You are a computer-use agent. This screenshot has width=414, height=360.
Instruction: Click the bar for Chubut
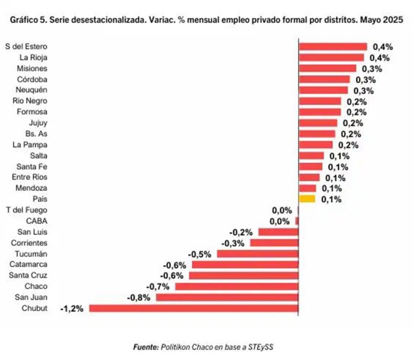pos(193,308)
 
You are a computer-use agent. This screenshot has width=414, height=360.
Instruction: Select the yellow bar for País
pos(307,199)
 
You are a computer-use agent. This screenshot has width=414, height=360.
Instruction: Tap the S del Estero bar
pos(333,46)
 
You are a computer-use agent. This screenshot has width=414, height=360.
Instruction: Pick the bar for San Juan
pos(227,297)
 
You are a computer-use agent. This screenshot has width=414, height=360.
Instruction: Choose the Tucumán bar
pos(257,254)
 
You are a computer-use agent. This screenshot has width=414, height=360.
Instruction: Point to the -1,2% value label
pos(72,309)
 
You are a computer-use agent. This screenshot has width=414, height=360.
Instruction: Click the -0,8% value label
pos(138,298)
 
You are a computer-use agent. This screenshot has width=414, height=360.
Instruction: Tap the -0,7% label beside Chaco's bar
pos(157,287)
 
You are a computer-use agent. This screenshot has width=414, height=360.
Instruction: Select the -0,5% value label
pos(199,254)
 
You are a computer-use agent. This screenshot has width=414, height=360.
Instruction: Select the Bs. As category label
pos(36,134)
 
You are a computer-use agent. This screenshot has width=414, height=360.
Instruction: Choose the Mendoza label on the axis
pos(32,188)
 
